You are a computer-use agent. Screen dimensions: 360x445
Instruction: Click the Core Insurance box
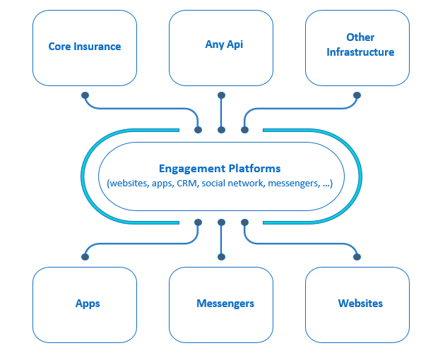(x=85, y=47)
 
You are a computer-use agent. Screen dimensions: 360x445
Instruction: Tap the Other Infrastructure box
(x=357, y=47)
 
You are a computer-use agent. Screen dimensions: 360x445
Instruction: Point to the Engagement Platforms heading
(x=220, y=169)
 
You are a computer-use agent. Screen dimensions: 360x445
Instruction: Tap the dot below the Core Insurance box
(x=85, y=95)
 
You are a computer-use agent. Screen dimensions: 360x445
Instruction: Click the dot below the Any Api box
(x=221, y=95)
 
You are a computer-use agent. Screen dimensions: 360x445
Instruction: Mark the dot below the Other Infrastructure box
(x=357, y=95)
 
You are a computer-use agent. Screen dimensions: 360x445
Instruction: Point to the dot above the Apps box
(x=85, y=256)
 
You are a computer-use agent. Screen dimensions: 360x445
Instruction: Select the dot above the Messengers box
(x=221, y=256)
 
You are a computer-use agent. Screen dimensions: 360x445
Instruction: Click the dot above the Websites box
(x=357, y=256)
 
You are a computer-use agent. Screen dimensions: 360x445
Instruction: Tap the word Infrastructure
(x=360, y=52)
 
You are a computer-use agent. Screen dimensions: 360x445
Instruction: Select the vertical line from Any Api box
(x=221, y=112)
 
